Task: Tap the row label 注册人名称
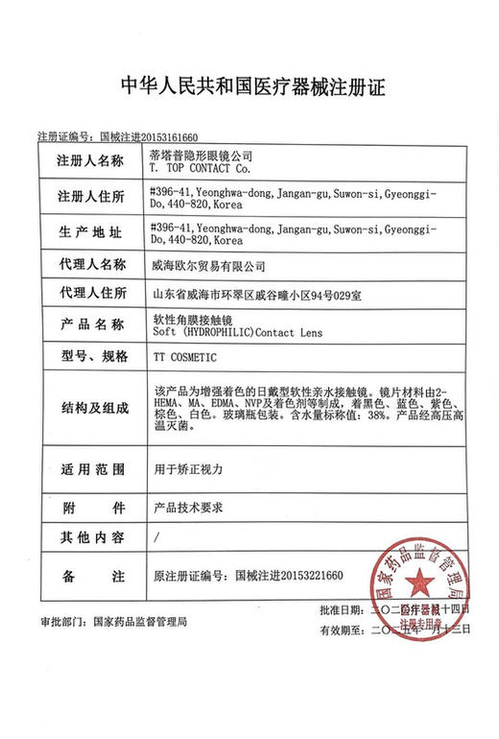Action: pyautogui.click(x=91, y=159)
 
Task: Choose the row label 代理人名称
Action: pyautogui.click(x=91, y=264)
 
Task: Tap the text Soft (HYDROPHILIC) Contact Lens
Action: pyautogui.click(x=236, y=332)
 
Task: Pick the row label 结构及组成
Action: pyautogui.click(x=91, y=407)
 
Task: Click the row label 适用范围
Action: pyautogui.click(x=91, y=470)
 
